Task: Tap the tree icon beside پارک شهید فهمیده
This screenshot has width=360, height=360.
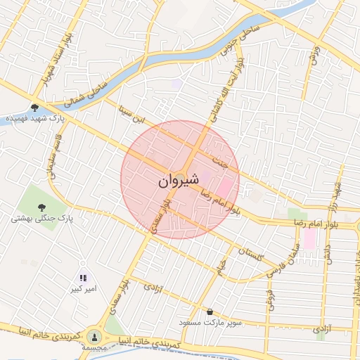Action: pyautogui.click(x=34, y=108)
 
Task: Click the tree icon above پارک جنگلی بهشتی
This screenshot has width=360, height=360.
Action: pyautogui.click(x=42, y=206)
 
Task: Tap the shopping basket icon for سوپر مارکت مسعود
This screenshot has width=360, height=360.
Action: pyautogui.click(x=210, y=311)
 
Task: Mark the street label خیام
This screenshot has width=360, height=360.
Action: pyautogui.click(x=222, y=266)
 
